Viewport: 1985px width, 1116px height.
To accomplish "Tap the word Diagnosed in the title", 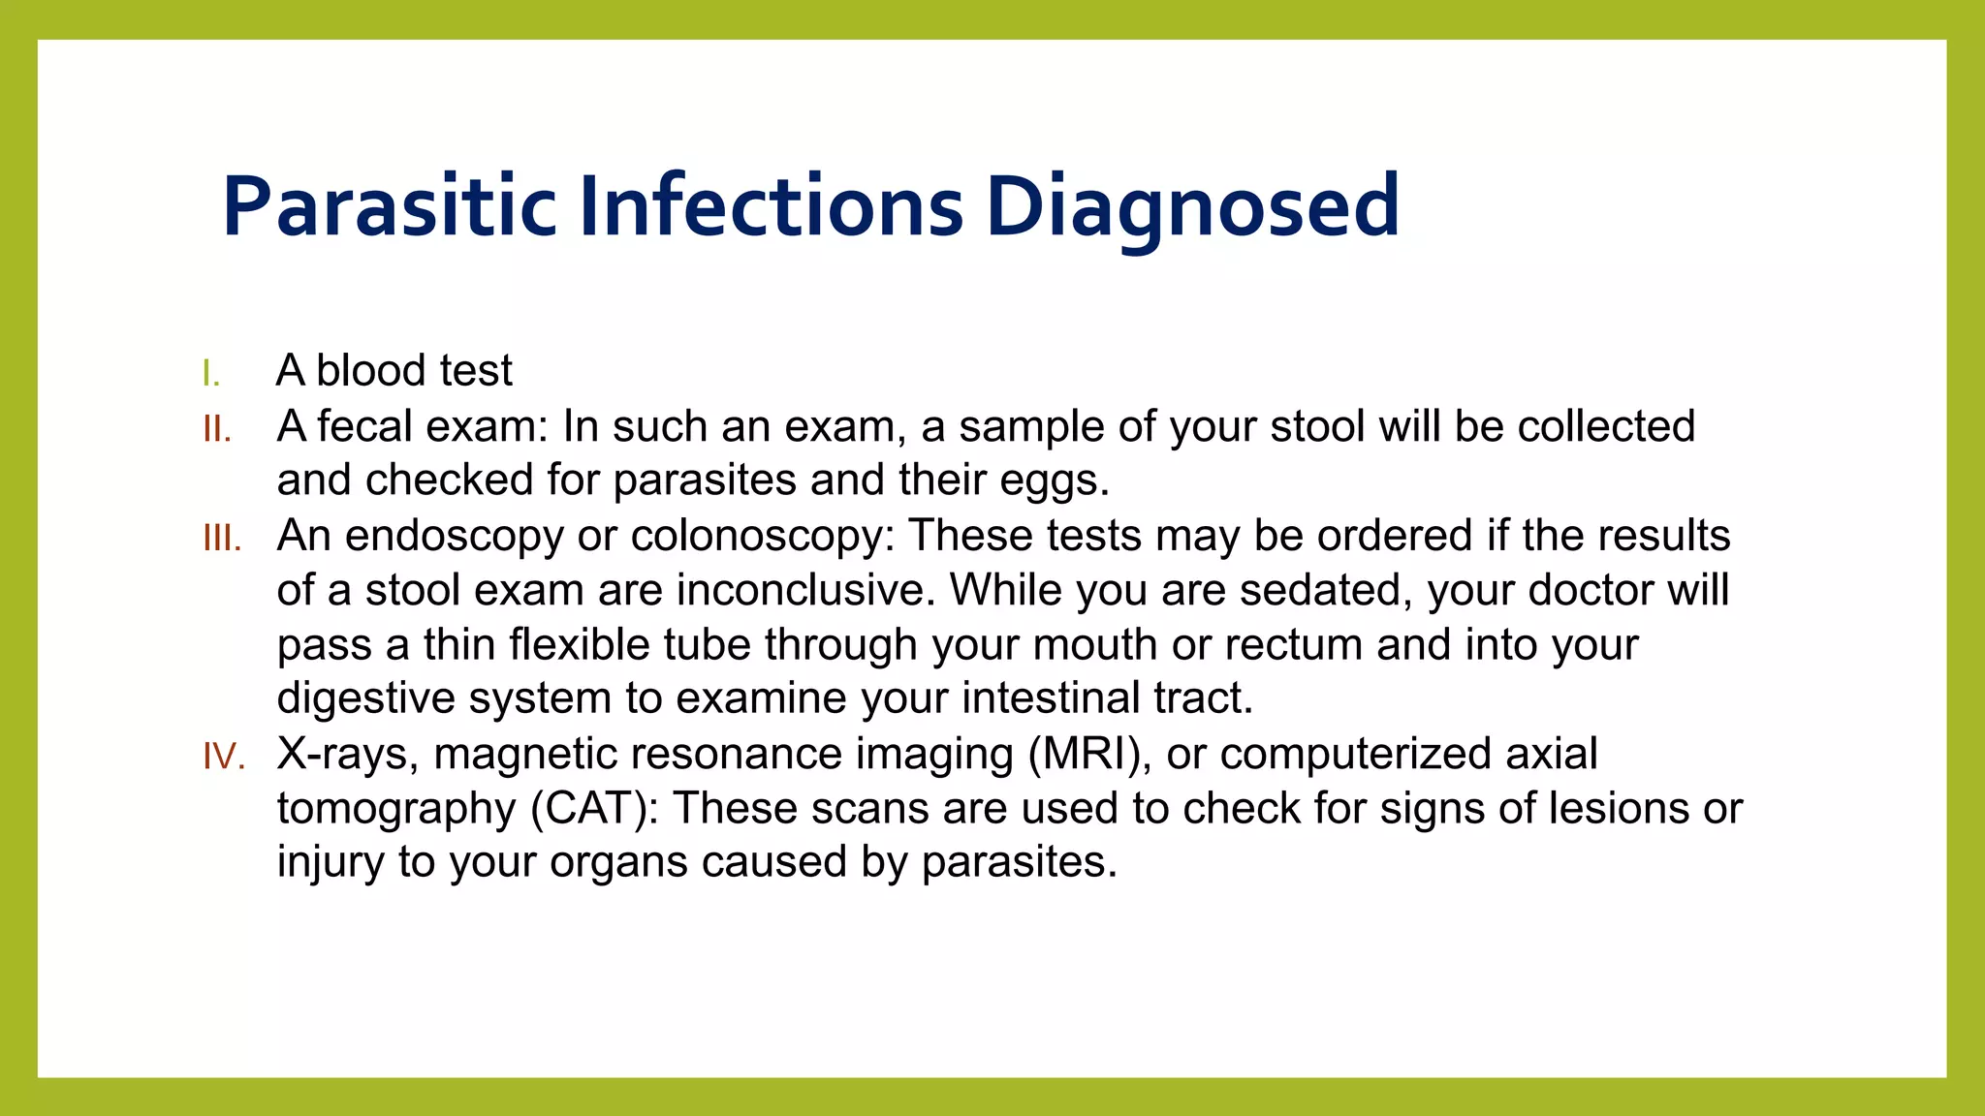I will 1193,206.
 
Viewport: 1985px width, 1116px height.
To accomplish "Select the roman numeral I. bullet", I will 211,373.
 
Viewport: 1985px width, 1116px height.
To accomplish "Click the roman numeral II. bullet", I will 217,428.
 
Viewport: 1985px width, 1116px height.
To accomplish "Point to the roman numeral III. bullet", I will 222,538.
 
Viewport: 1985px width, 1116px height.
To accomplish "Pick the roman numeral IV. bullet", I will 223,756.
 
